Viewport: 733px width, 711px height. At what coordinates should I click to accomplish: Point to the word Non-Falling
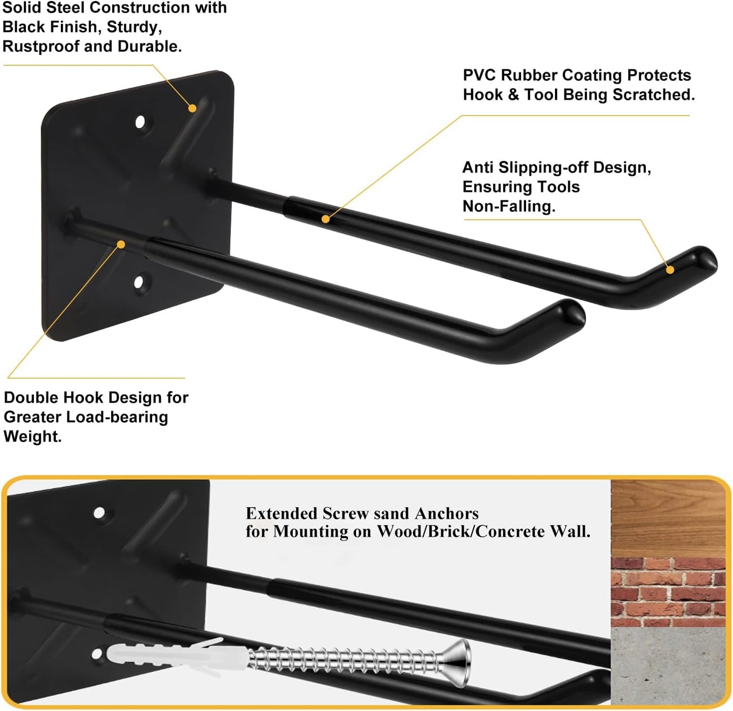pyautogui.click(x=509, y=206)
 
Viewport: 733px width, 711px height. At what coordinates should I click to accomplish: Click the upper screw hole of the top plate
pyautogui.click(x=140, y=122)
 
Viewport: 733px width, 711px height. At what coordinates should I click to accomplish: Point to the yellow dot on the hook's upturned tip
pyautogui.click(x=670, y=270)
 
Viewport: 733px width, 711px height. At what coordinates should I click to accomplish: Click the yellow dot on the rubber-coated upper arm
pyautogui.click(x=325, y=219)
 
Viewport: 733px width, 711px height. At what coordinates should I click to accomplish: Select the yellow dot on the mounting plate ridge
pyautogui.click(x=192, y=108)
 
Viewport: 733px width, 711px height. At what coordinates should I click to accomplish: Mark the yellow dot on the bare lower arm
pyautogui.click(x=121, y=245)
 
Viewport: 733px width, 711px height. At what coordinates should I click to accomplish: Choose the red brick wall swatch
pyautogui.click(x=668, y=592)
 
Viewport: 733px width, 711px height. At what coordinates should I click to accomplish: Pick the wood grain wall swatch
pyautogui.click(x=668, y=517)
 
